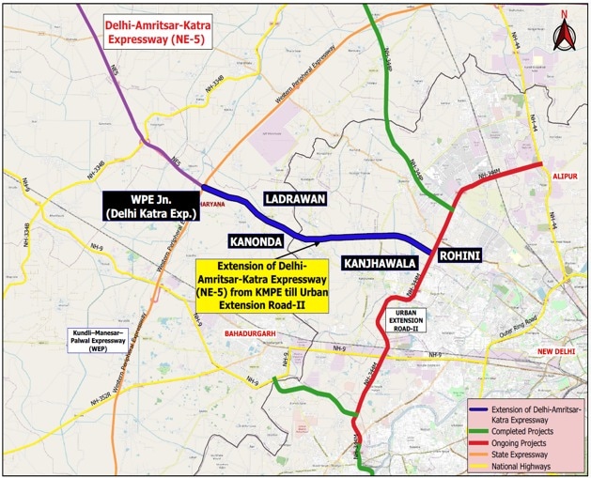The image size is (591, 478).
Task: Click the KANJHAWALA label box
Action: [x=379, y=264]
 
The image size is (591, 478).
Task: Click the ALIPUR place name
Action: [x=562, y=176]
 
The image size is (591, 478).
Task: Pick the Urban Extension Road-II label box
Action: [x=410, y=319]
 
